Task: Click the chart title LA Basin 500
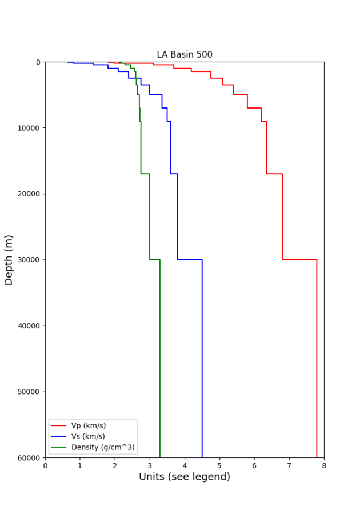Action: tap(185, 55)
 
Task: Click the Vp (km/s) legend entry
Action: tap(88, 425)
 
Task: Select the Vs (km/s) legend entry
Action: tap(88, 436)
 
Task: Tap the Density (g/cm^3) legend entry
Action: tap(103, 447)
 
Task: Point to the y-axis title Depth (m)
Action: tap(9, 260)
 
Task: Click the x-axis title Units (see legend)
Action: tap(185, 477)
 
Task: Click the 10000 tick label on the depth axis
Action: tap(28, 128)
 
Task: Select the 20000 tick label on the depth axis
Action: tap(28, 194)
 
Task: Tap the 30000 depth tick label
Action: tap(28, 260)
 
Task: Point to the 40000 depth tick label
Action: tap(28, 326)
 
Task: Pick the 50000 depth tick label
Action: tap(28, 392)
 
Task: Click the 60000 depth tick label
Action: tap(28, 457)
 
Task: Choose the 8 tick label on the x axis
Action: tap(324, 466)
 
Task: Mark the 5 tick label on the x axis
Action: tap(219, 466)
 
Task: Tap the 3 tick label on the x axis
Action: tap(150, 466)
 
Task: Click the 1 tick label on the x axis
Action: tap(80, 466)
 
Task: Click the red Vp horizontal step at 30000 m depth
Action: tap(299, 259)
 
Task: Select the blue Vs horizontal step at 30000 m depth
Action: tap(190, 259)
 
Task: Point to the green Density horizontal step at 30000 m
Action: tap(155, 259)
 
